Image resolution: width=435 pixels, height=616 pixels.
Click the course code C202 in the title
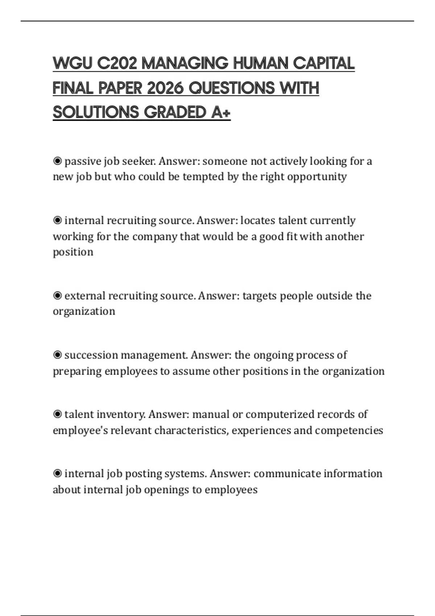117,63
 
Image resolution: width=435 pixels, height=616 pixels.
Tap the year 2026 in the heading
165,88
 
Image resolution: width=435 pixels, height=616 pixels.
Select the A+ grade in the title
220,112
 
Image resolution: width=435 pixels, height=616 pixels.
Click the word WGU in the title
72,63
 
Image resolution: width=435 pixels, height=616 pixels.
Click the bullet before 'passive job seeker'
57,161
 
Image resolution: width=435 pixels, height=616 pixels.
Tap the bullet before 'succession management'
57,355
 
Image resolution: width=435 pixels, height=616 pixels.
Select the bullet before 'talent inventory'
57,414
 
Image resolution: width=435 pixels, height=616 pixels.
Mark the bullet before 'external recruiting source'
57,296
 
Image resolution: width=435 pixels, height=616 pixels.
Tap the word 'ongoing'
273,355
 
